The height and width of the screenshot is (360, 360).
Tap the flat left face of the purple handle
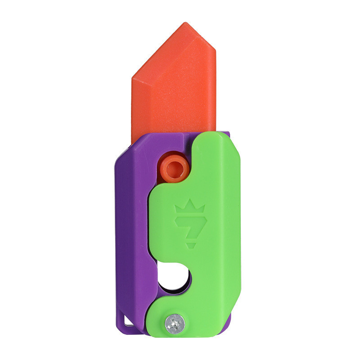(x=130, y=225)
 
